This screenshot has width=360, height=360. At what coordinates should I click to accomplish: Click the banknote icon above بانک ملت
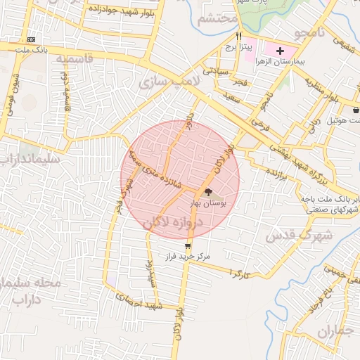(x=31, y=40)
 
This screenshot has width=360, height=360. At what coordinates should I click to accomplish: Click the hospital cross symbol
(x=281, y=51)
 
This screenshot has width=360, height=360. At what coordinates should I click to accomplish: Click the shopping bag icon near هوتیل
(x=356, y=110)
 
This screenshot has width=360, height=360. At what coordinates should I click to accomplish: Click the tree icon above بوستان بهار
(x=208, y=192)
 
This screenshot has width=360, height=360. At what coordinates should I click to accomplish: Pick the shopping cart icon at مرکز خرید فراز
(x=188, y=245)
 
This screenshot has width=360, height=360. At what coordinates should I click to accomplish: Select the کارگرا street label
(x=240, y=271)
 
